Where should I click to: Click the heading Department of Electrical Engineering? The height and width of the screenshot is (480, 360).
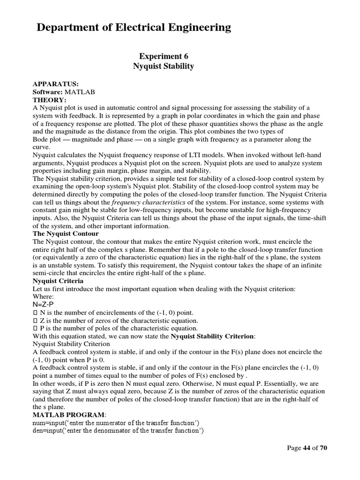134,28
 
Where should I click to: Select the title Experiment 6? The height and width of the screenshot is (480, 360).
163,56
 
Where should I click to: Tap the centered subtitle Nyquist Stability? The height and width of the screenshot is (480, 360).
163,66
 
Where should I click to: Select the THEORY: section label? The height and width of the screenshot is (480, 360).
50,100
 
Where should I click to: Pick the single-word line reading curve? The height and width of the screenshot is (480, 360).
41,147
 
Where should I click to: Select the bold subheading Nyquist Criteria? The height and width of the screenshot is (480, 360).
58,281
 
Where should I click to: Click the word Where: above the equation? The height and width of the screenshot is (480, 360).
44,297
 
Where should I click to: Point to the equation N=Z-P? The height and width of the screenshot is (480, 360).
45,305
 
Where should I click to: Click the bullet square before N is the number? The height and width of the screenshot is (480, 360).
35,313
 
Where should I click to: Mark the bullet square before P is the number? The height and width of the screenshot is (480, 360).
35,328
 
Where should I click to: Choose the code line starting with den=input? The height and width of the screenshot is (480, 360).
118,431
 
